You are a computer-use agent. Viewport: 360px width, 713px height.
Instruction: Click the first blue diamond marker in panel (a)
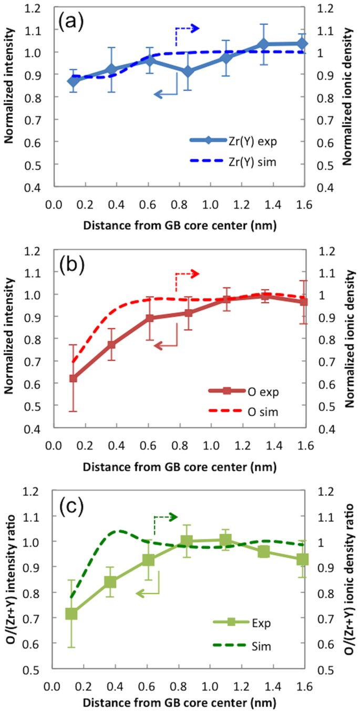74,81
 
